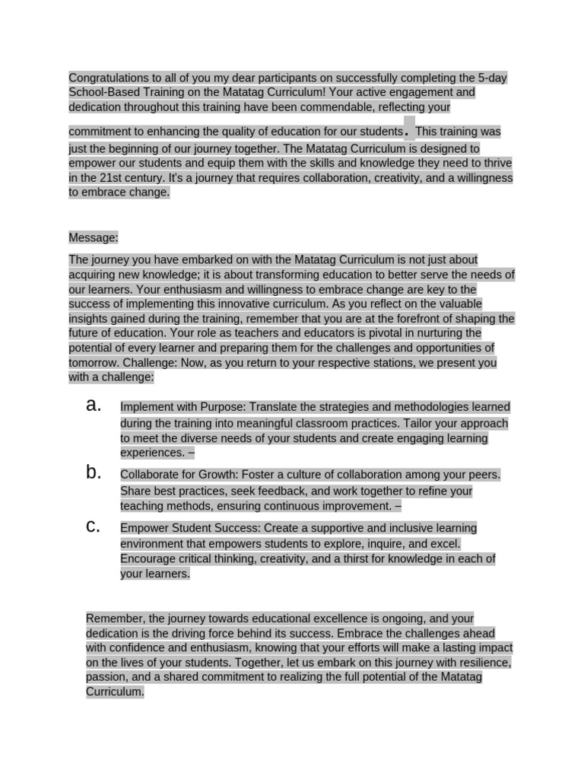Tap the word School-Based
tap(102, 93)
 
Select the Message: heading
tap(93, 237)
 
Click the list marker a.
tap(94, 405)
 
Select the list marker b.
tap(94, 472)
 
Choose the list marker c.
tap(94, 526)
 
